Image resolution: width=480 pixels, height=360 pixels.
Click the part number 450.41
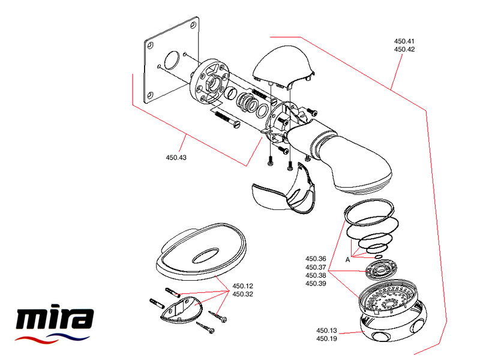point(404,41)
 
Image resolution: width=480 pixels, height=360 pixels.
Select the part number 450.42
point(404,49)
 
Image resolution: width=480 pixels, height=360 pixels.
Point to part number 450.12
point(242,286)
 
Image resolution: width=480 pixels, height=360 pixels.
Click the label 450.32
point(242,294)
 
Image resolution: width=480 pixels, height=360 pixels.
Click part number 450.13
point(328,331)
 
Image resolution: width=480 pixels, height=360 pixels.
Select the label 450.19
point(328,338)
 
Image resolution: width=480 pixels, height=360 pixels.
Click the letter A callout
point(347,259)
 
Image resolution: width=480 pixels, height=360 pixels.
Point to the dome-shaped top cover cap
point(283,66)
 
